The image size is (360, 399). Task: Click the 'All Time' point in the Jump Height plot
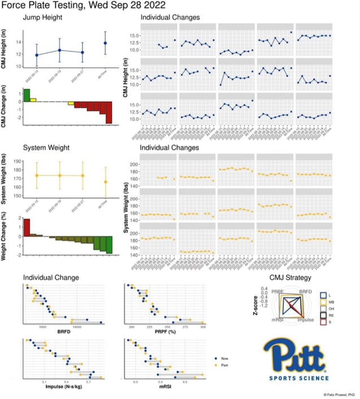point(105,43)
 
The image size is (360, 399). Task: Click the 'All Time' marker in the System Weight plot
point(105,181)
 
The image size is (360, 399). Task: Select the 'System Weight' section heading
point(46,148)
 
